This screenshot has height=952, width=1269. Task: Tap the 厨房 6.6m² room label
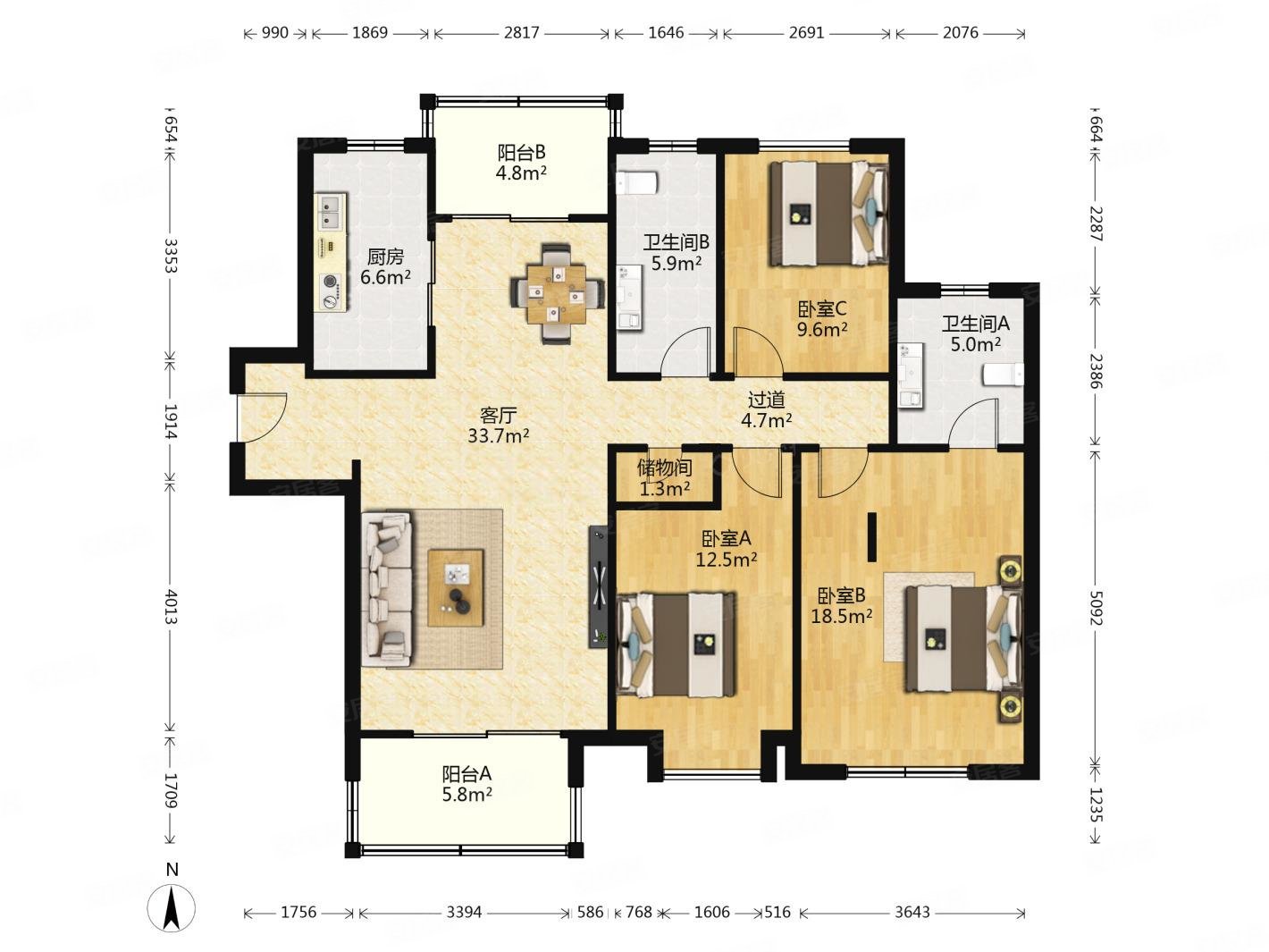click(x=385, y=267)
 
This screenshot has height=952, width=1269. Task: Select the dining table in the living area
click(x=556, y=293)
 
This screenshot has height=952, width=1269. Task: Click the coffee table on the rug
click(x=455, y=587)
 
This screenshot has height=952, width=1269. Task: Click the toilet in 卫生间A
click(x=1003, y=375)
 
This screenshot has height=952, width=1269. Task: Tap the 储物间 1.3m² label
click(x=664, y=478)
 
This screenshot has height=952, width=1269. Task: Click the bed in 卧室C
click(x=828, y=214)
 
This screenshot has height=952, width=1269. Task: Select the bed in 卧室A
click(x=677, y=644)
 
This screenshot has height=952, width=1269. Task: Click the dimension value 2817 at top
click(x=521, y=33)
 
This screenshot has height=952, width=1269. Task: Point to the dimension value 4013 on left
click(x=171, y=607)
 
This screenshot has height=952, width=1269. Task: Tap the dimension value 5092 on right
click(x=1096, y=607)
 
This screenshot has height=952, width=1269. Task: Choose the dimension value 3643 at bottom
click(x=912, y=912)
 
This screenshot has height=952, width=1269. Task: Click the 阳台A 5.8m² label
click(x=466, y=784)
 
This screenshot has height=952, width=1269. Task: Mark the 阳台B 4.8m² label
click(x=521, y=163)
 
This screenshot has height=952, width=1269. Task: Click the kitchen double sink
click(x=330, y=212)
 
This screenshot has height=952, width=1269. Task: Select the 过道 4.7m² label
click(x=767, y=409)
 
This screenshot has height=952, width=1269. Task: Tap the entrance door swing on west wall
click(x=263, y=418)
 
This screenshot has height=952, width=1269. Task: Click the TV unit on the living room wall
click(x=598, y=586)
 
